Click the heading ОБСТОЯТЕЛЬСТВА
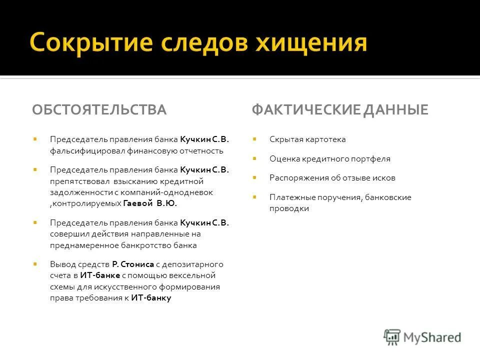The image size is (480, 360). coord(99,110)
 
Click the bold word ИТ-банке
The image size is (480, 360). coord(100,275)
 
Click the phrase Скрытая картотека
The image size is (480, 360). coord(307,139)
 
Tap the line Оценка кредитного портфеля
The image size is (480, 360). coord(330,159)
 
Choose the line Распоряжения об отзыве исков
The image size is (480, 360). coord(332,177)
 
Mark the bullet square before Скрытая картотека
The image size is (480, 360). coord(254,139)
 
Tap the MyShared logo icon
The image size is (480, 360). coord(392,336)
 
